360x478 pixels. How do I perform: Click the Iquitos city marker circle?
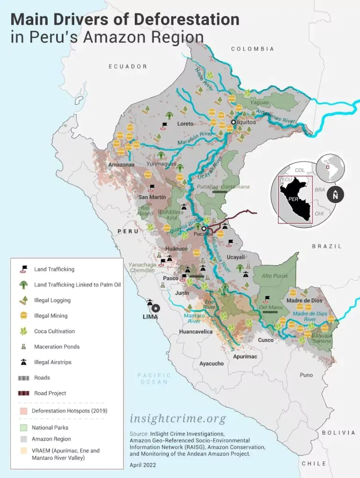[233, 122]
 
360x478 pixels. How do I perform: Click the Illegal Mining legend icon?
[22, 316]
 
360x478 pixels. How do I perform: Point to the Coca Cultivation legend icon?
[22, 331]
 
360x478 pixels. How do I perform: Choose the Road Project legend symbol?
[22, 393]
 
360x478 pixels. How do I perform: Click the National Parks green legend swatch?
[22, 427]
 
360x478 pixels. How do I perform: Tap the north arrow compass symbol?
[335, 195]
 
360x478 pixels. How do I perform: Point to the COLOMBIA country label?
[252, 49]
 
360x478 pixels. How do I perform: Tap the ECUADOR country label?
[128, 67]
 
